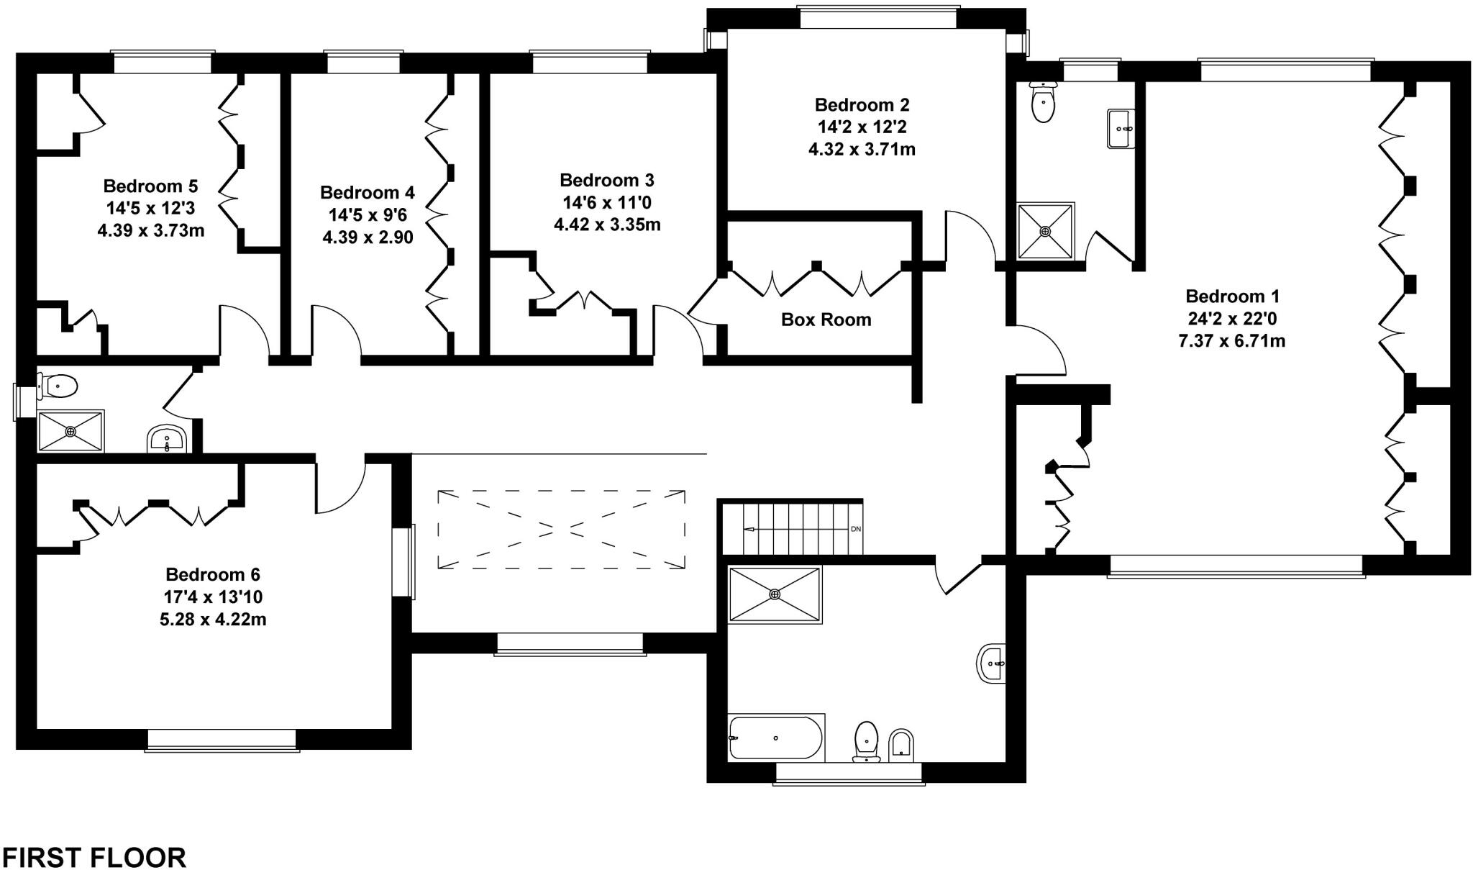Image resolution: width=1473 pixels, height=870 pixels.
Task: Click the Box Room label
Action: click(826, 320)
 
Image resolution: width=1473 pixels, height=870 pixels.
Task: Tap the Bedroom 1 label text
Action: click(1232, 296)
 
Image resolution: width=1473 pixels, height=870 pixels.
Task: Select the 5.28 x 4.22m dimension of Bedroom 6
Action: click(213, 619)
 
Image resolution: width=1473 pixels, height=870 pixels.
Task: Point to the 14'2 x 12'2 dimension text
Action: click(862, 127)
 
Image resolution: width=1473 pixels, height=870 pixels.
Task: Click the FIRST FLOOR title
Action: click(94, 857)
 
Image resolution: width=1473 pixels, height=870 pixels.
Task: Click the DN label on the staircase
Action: click(855, 529)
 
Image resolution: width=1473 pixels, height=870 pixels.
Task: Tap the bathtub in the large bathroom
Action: click(775, 738)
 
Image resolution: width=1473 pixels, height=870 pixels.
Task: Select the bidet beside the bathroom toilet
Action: click(901, 746)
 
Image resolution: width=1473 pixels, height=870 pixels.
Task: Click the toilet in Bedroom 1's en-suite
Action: click(1042, 103)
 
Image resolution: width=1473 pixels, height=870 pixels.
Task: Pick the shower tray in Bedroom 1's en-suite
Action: click(1045, 231)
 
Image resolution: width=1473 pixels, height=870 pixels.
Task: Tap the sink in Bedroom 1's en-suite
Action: click(1121, 129)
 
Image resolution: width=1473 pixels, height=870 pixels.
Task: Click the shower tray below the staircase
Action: click(775, 594)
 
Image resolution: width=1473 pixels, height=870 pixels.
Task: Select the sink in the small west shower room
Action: click(168, 439)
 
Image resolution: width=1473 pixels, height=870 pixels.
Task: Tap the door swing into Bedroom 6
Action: click(339, 486)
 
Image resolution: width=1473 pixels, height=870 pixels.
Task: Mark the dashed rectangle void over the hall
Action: click(561, 530)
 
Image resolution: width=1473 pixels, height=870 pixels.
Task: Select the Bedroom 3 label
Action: click(606, 180)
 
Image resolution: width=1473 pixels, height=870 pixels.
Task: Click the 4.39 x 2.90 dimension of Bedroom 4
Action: click(368, 237)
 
